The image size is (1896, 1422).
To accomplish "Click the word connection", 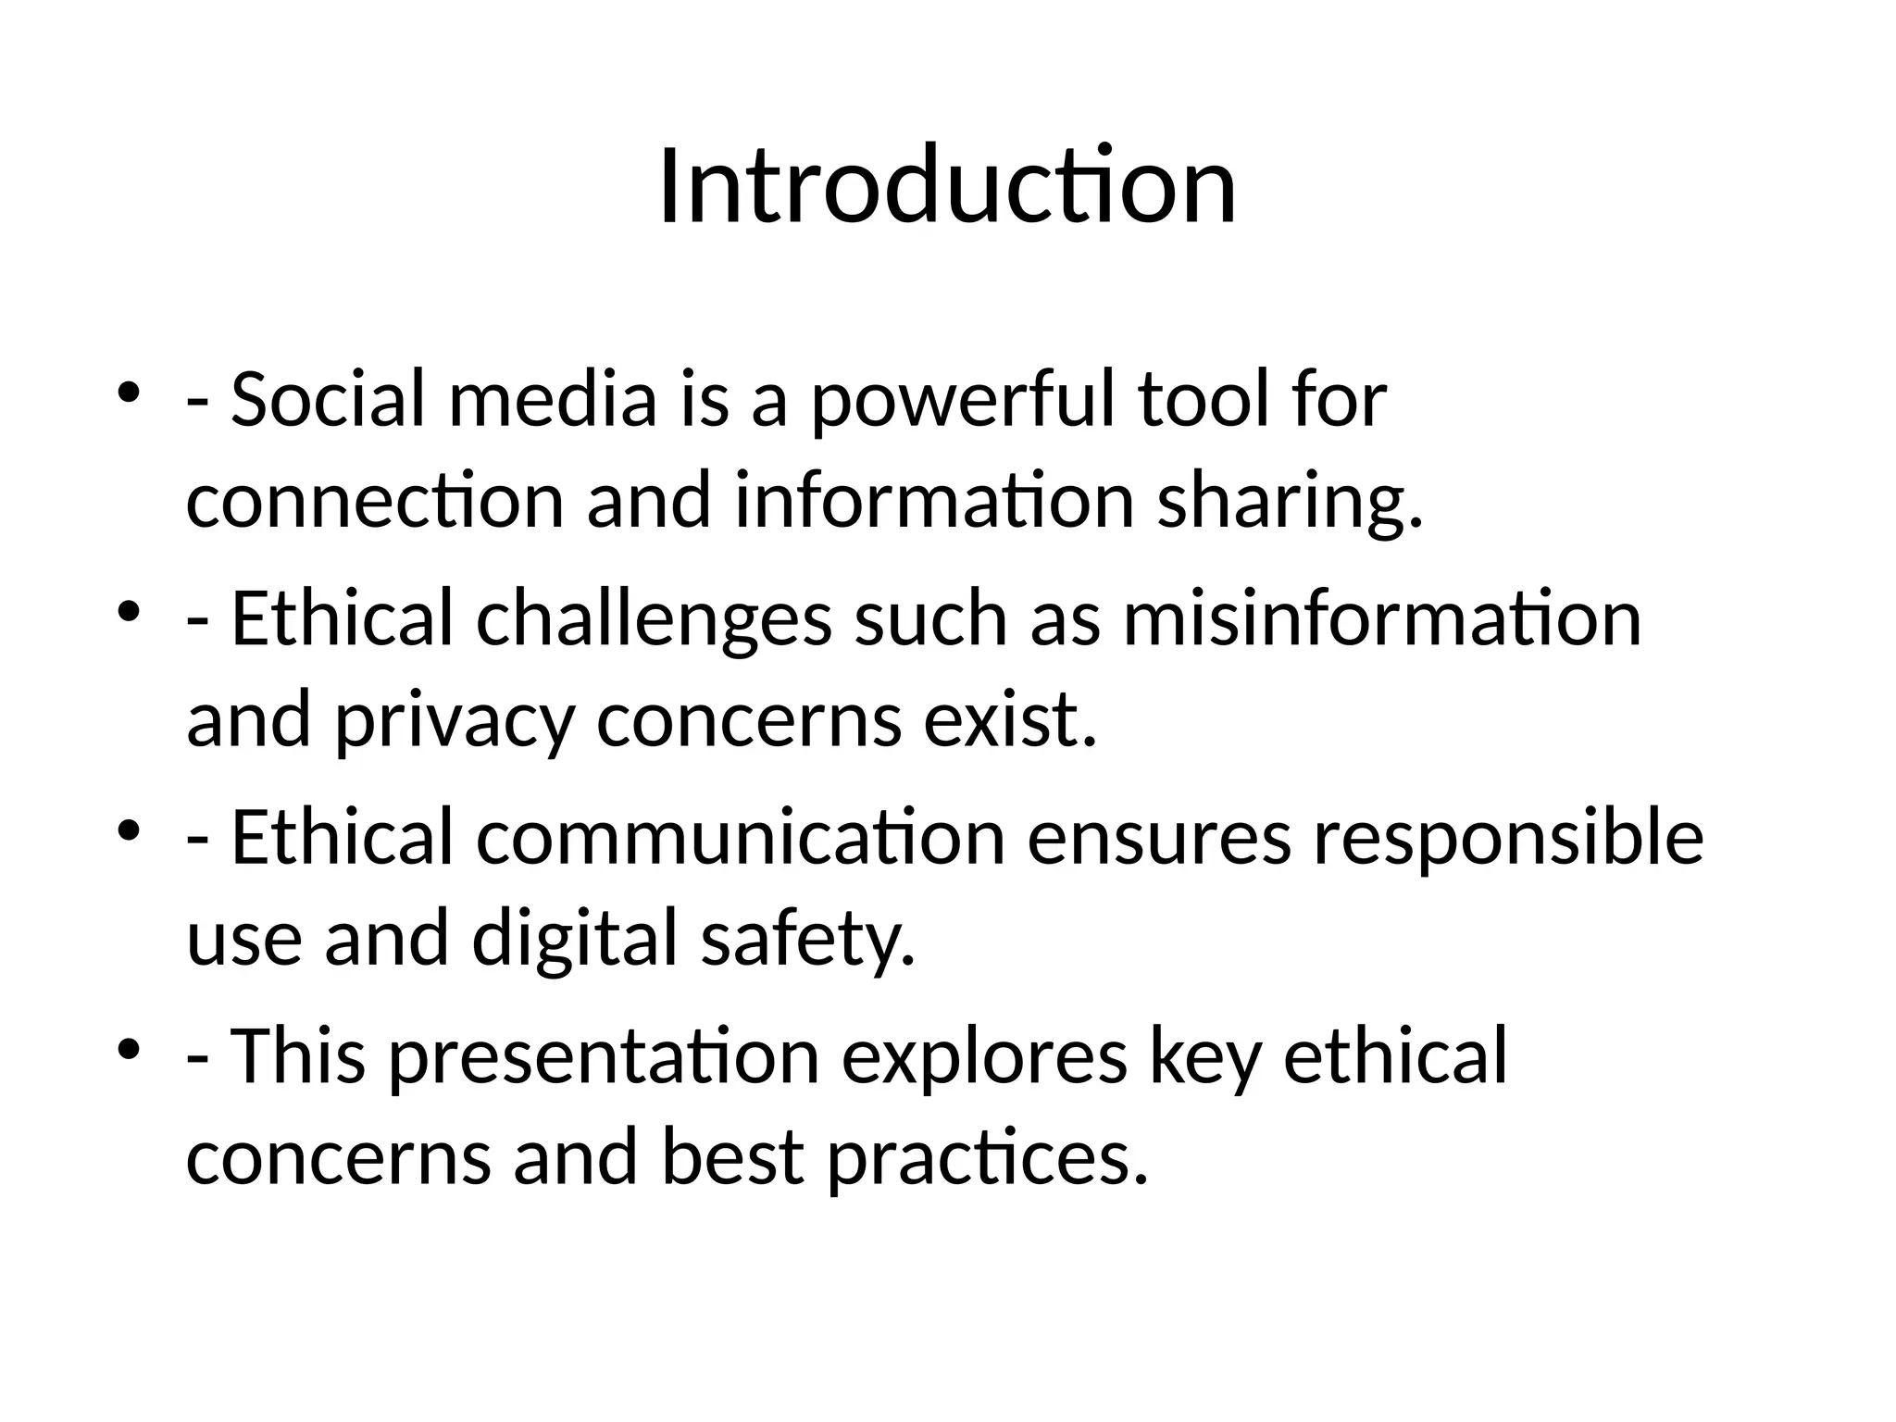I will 375,501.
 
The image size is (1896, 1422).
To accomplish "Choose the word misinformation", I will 1381,618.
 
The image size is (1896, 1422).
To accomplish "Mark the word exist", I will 1009,719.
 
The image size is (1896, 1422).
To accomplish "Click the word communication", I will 741,837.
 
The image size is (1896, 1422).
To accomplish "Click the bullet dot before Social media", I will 128,393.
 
